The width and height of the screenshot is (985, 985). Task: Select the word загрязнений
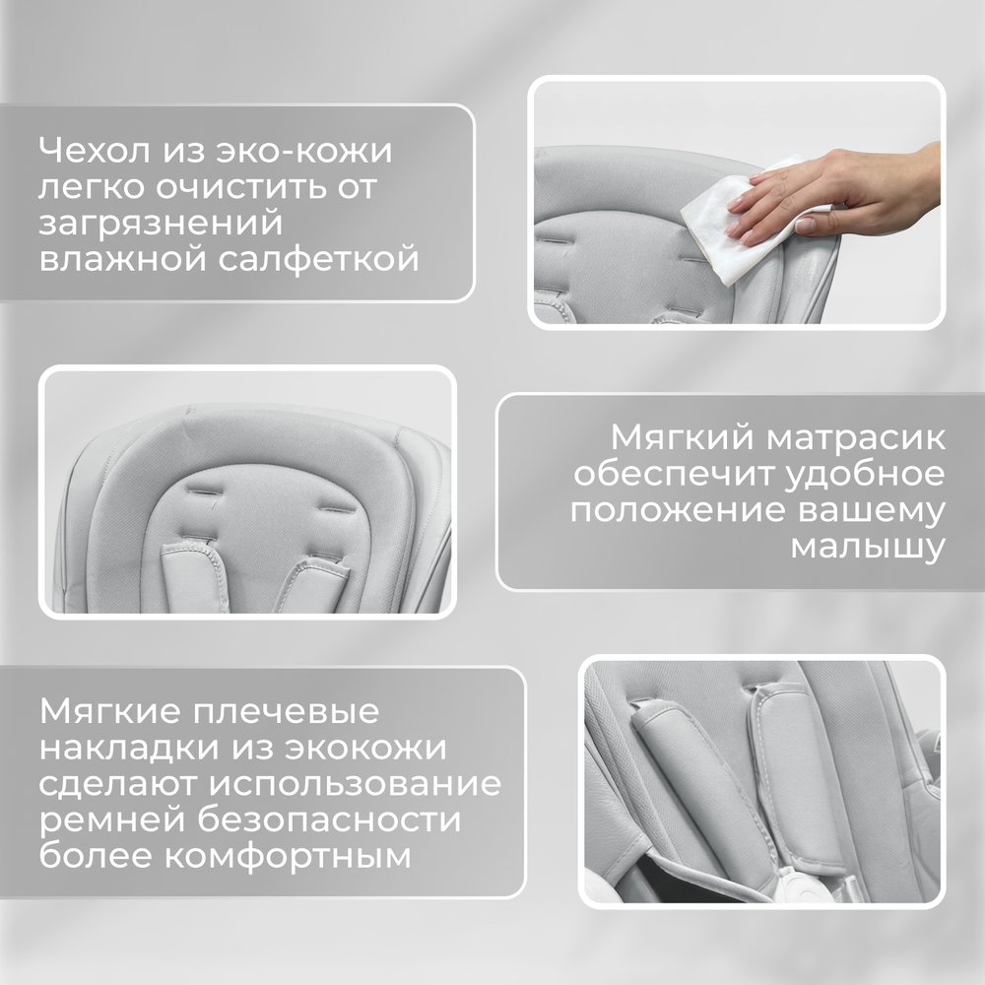161,225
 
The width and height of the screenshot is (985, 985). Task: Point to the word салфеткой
318,259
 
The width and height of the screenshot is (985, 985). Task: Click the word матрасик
856,437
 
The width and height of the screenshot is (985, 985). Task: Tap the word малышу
868,546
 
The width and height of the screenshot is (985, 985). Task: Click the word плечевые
286,712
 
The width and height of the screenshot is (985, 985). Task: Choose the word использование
355,784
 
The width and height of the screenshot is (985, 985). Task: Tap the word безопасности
329,820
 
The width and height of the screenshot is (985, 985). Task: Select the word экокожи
365,748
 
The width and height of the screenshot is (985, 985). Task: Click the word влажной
123,259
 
